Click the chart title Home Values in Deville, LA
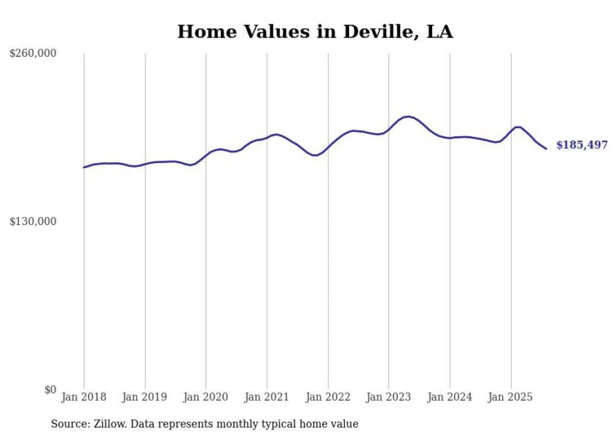click(x=315, y=31)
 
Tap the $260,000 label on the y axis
click(x=33, y=54)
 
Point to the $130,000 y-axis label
click(x=33, y=221)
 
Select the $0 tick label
click(x=50, y=389)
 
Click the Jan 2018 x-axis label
click(x=84, y=397)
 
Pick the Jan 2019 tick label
click(x=144, y=397)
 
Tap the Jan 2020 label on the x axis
click(x=206, y=397)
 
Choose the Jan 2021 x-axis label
click(x=266, y=397)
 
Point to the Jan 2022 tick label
click(x=328, y=397)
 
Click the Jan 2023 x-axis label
click(x=388, y=397)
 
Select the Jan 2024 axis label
click(x=450, y=397)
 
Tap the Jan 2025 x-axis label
click(x=510, y=397)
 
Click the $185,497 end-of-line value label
click(x=582, y=145)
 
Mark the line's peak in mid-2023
click(x=408, y=116)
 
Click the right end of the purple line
click(x=546, y=148)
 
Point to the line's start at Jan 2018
click(x=84, y=167)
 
